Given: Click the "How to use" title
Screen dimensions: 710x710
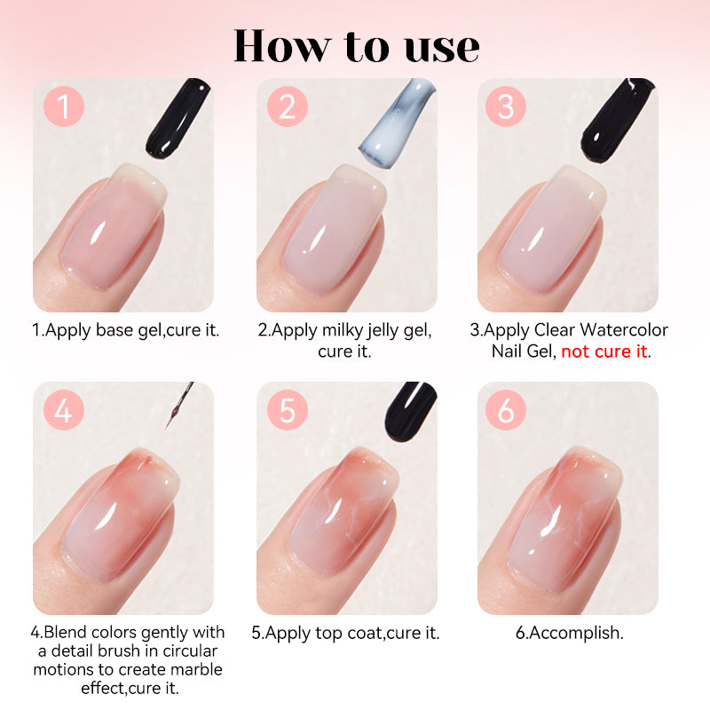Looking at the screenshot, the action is click(356, 46).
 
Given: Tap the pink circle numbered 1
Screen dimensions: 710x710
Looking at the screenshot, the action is click(64, 106).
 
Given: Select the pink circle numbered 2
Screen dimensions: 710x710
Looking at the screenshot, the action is click(288, 106).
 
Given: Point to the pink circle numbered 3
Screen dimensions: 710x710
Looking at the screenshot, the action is click(506, 106).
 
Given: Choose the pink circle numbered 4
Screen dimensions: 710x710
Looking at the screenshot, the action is click(64, 410).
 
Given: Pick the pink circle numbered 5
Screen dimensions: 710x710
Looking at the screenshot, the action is click(288, 410).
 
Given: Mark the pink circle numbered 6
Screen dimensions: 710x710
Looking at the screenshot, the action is click(506, 410).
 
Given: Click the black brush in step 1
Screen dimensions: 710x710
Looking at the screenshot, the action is click(177, 119).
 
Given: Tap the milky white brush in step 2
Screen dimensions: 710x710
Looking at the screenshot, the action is click(397, 123).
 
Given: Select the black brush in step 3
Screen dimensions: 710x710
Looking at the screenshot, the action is click(618, 121).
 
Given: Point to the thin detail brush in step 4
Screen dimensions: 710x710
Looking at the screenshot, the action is click(179, 406).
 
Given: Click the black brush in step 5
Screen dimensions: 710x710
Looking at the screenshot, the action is click(410, 411).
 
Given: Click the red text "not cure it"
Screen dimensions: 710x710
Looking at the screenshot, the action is click(604, 351).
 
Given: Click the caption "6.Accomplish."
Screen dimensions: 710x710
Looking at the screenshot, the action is click(570, 633).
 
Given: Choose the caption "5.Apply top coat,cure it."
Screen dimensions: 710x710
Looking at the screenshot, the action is click(345, 633).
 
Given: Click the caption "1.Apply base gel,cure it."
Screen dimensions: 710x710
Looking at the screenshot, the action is click(125, 330).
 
